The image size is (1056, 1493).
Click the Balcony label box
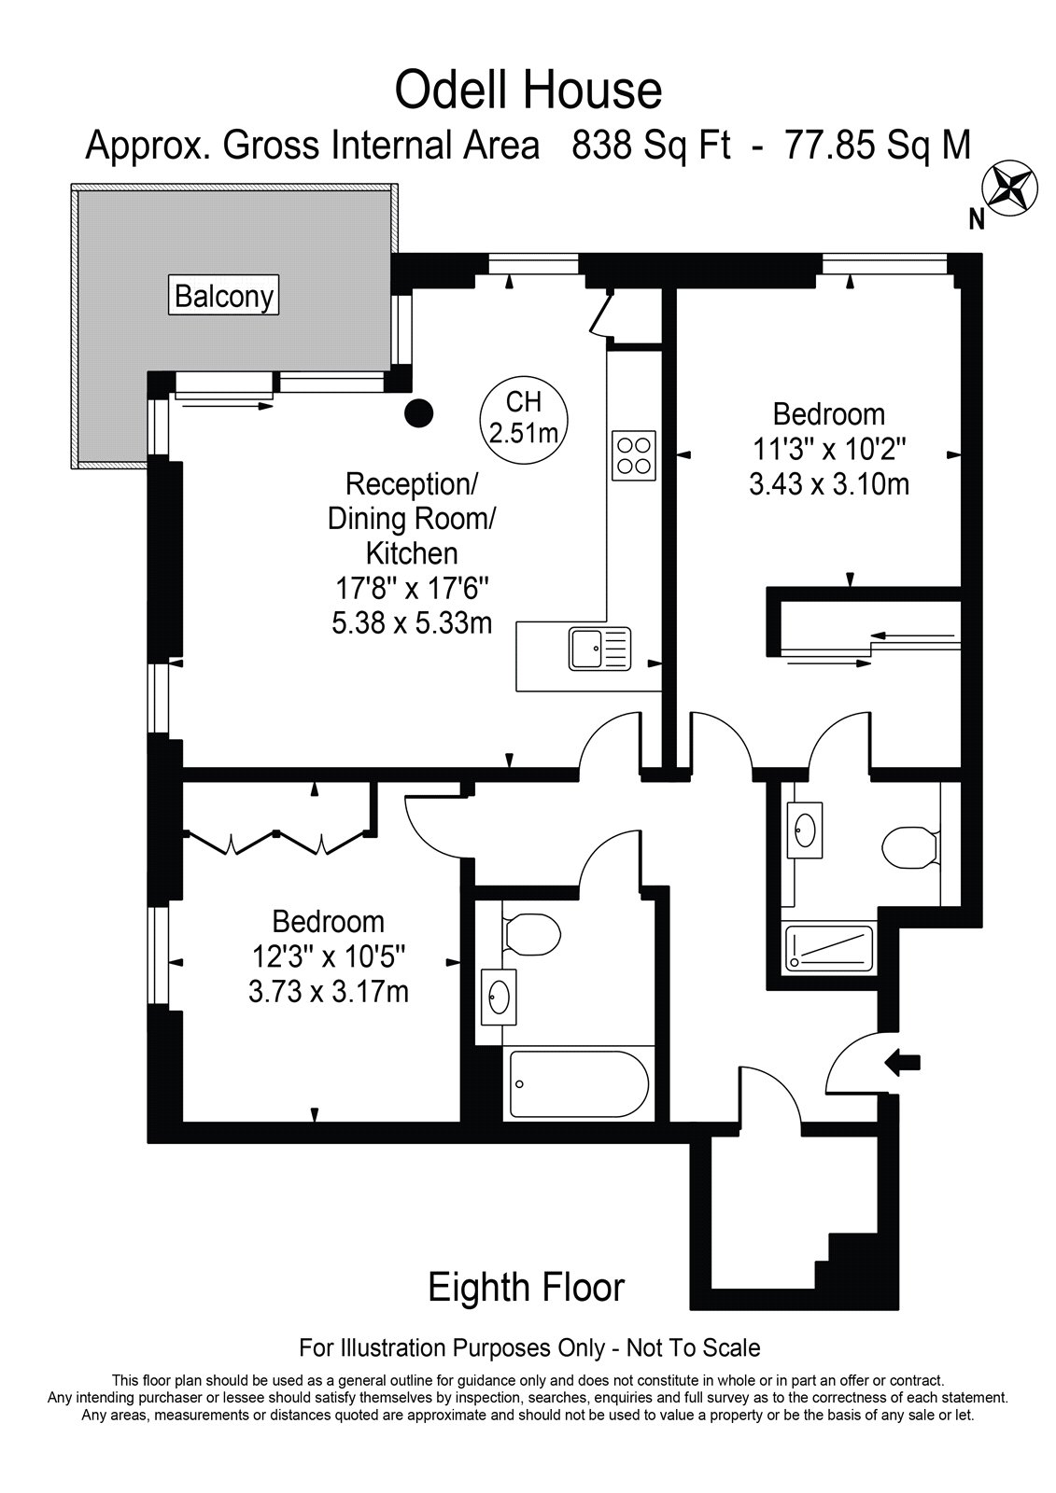coord(223,295)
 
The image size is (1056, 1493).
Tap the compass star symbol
coord(1011,188)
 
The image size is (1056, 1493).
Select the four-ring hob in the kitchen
coord(634,456)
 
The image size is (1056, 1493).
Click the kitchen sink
coord(599,649)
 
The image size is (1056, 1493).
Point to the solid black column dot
coord(419,413)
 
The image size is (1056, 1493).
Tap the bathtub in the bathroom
coord(578,1084)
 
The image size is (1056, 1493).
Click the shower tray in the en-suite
coord(828,949)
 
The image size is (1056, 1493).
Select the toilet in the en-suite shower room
coord(910,848)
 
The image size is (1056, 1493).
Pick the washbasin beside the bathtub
coord(498,997)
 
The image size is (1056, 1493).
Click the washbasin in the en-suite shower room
coord(805,830)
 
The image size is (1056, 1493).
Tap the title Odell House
coord(528,91)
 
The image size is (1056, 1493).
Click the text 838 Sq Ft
coord(651,146)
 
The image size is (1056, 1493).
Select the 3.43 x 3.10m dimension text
coord(829,484)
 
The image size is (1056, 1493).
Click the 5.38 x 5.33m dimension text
coord(412,623)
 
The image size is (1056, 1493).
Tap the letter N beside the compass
coord(977,219)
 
